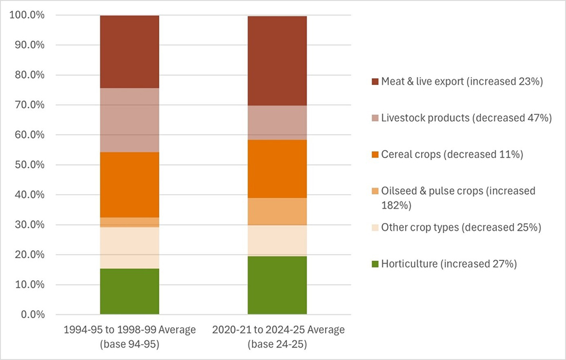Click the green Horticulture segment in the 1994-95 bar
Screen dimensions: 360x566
click(x=130, y=291)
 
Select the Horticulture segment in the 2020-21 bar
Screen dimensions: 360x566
click(x=277, y=285)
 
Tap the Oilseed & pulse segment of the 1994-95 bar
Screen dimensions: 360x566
click(x=130, y=222)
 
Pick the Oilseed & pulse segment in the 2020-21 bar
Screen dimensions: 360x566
click(x=277, y=211)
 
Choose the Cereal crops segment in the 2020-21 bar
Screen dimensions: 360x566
click(x=277, y=169)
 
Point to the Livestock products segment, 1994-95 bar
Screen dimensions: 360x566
click(x=130, y=120)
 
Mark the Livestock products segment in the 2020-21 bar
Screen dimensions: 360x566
click(x=277, y=122)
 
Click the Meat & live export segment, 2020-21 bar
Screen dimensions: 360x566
click(x=277, y=61)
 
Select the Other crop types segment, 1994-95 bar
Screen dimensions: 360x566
click(x=130, y=247)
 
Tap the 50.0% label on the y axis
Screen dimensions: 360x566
click(x=27, y=165)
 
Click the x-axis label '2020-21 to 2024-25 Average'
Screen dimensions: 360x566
click(x=277, y=329)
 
